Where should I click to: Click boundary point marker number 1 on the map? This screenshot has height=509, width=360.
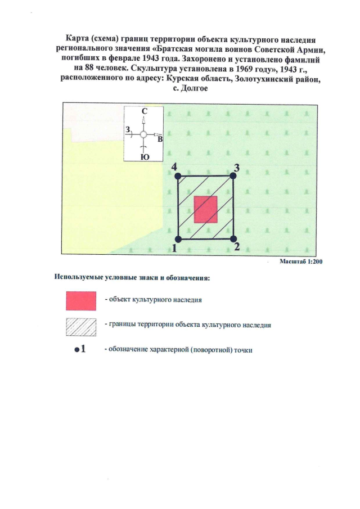tap(178, 239)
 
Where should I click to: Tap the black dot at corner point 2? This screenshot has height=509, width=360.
tap(234, 239)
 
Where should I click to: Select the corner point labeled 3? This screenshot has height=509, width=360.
tap(234, 176)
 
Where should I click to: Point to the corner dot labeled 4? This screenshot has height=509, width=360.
tap(178, 176)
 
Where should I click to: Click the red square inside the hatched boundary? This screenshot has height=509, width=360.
tap(206, 210)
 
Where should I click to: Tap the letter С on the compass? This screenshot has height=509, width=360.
tap(144, 112)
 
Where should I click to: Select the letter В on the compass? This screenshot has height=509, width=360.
tap(160, 138)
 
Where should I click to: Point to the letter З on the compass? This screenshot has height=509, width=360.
tap(128, 130)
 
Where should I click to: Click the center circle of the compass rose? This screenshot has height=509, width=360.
tap(143, 135)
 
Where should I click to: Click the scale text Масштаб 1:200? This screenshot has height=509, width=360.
tap(300, 262)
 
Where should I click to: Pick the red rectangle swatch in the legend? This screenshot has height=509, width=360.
tap(81, 300)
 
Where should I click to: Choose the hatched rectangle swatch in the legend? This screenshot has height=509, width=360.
tap(81, 326)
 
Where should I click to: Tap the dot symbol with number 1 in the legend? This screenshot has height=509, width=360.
tap(79, 349)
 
